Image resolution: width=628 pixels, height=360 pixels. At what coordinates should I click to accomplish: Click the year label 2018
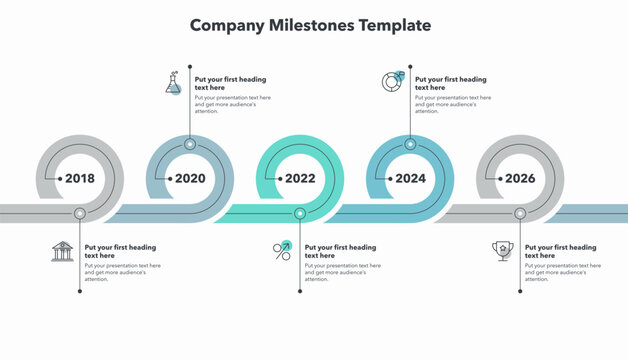(x=80, y=179)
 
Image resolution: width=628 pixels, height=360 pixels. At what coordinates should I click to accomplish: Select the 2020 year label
(x=190, y=179)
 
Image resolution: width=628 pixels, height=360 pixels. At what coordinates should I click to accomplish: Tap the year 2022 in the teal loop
(x=300, y=179)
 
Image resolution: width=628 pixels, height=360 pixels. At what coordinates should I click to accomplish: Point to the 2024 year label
(x=410, y=179)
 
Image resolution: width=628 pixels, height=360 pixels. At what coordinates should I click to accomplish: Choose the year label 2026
(x=520, y=179)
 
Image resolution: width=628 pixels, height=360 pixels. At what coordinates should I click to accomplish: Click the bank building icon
(x=62, y=251)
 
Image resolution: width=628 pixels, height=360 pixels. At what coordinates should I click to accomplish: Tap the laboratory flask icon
(x=174, y=83)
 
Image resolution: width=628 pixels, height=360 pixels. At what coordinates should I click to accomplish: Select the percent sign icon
(x=282, y=251)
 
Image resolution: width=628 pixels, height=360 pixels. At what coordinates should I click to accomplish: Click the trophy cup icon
(x=502, y=251)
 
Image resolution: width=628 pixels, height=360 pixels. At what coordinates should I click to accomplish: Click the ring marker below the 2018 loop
(x=80, y=213)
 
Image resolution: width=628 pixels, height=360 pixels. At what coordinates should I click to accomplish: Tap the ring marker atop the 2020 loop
(x=190, y=145)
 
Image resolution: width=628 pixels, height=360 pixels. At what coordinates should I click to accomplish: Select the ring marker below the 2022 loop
(x=300, y=213)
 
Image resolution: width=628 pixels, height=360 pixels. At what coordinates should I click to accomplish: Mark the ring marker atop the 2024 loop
(x=410, y=145)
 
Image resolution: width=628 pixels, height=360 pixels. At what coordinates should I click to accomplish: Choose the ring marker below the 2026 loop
(x=520, y=213)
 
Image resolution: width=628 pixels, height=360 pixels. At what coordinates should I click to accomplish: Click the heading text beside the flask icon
(x=230, y=83)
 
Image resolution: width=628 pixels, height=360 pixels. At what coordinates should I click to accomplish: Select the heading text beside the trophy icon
(x=560, y=251)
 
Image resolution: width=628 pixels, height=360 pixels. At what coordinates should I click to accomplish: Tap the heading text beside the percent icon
(x=340, y=251)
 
